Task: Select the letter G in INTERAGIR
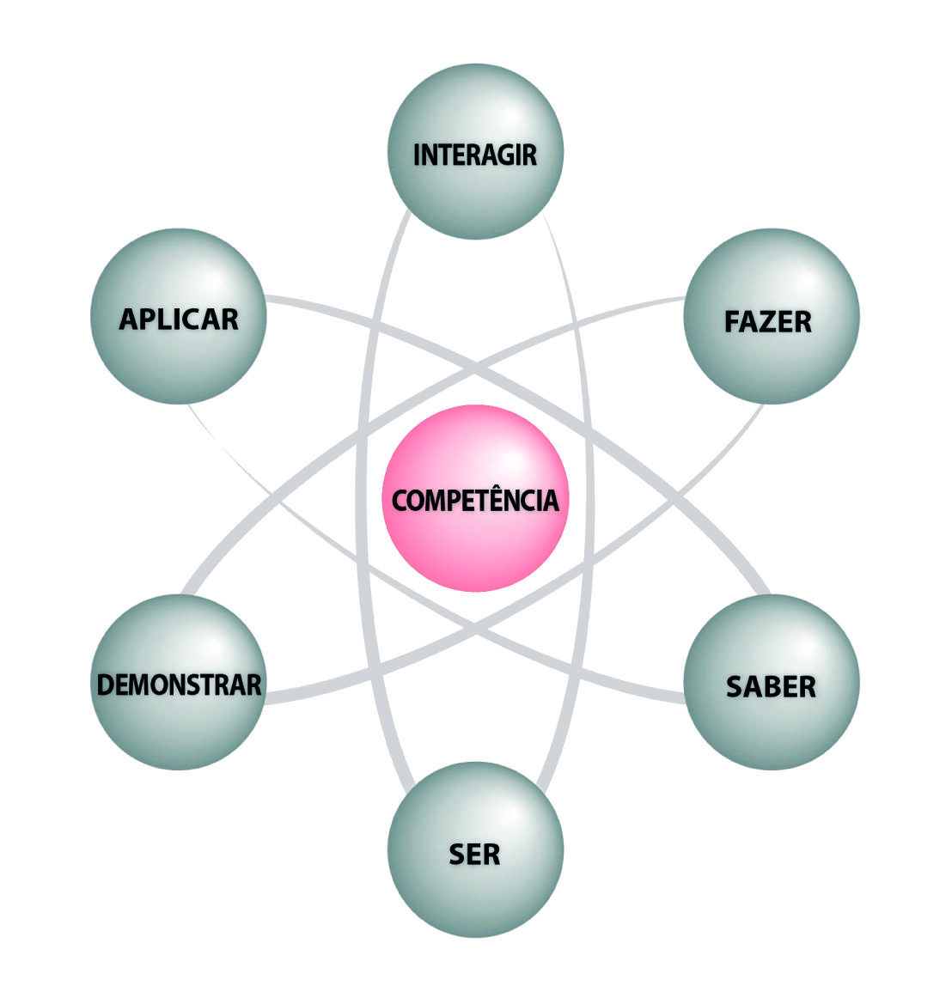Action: [x=506, y=155]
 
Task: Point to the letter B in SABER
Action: [x=771, y=687]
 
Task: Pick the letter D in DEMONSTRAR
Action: [x=106, y=685]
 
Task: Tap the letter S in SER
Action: [x=458, y=855]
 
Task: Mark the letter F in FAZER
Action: [x=732, y=322]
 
